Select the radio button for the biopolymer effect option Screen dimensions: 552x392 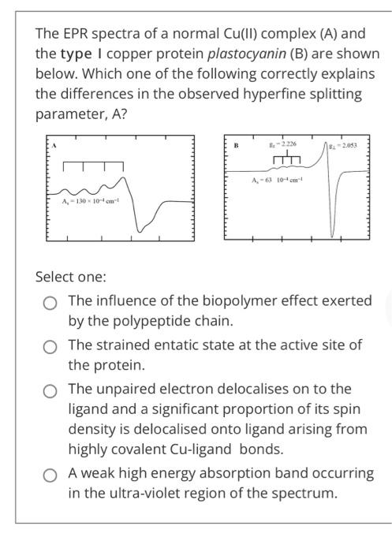[50, 301]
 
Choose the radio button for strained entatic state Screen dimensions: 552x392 [50, 346]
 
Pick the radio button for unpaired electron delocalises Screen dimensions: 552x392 [50, 390]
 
